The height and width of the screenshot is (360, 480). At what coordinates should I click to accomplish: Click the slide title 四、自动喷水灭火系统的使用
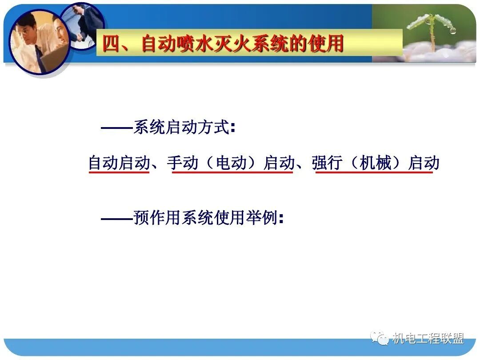[223, 44]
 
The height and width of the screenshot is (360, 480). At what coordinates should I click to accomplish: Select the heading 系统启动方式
[182, 128]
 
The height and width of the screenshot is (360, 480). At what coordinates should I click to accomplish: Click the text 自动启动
[119, 163]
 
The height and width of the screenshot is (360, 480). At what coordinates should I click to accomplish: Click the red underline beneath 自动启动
[119, 172]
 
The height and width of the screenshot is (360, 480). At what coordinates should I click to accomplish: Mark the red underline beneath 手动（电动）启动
[232, 172]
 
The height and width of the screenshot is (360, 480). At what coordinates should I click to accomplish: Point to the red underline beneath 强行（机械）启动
[374, 172]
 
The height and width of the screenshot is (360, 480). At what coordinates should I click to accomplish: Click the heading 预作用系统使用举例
[205, 218]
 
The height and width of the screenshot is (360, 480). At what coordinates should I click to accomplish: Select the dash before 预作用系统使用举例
[117, 219]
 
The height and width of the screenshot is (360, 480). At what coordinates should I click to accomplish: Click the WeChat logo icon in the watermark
[381, 338]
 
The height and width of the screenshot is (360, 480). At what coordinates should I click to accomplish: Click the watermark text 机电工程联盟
[428, 339]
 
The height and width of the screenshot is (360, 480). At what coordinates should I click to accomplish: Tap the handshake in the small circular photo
[80, 36]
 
